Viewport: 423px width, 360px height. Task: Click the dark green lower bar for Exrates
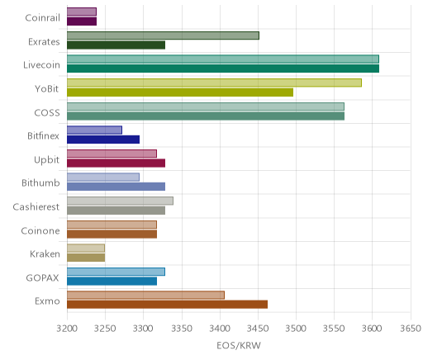(x=116, y=45)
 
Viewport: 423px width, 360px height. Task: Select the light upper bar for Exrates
(x=163, y=36)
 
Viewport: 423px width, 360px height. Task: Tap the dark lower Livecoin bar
(x=223, y=69)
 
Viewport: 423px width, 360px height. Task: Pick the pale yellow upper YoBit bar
(x=214, y=83)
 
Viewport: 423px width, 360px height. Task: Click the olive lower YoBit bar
(x=180, y=92)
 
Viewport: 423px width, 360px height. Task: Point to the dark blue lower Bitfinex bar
(x=103, y=140)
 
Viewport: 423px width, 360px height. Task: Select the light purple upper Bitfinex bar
(x=94, y=130)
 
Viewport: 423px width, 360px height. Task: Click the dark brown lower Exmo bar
(x=167, y=305)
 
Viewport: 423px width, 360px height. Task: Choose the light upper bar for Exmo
(x=145, y=295)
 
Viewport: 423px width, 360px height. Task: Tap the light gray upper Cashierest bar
(x=120, y=201)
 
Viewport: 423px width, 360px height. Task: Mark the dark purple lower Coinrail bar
(x=82, y=21)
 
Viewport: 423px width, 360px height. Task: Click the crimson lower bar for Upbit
(x=116, y=163)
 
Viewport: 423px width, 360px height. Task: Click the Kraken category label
(x=45, y=253)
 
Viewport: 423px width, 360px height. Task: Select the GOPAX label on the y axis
(x=43, y=277)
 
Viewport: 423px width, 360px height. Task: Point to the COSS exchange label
(x=47, y=112)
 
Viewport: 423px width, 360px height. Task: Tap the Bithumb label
(x=40, y=182)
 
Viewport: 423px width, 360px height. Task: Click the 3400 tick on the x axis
(x=220, y=329)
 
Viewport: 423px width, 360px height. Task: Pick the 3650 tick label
(x=411, y=329)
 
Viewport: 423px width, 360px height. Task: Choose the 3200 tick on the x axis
(x=67, y=329)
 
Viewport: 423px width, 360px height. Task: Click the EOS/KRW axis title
(x=239, y=345)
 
